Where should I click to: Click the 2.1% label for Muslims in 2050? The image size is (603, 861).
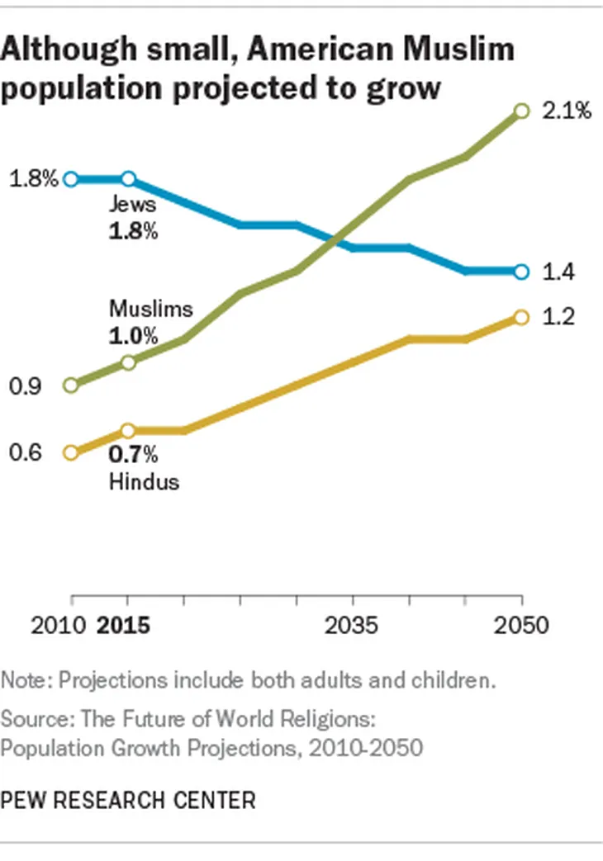(566, 111)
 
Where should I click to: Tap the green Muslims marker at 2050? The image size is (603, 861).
(520, 111)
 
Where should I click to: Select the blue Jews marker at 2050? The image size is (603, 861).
(520, 272)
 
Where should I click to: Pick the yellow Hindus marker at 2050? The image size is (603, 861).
(520, 317)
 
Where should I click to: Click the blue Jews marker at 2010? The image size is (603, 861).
(71, 179)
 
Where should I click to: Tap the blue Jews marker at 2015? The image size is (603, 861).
(128, 179)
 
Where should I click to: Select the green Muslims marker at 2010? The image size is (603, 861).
(71, 386)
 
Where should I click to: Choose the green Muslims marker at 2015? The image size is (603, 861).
(128, 362)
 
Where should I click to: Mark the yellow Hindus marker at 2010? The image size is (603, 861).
(71, 452)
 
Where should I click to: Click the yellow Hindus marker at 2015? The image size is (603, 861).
(128, 430)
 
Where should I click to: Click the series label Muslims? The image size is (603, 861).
(150, 310)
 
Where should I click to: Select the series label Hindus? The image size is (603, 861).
(144, 481)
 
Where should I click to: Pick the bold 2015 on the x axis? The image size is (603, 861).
(124, 625)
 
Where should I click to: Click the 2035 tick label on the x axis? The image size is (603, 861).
(352, 625)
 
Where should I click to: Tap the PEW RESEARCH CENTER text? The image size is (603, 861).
(128, 799)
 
